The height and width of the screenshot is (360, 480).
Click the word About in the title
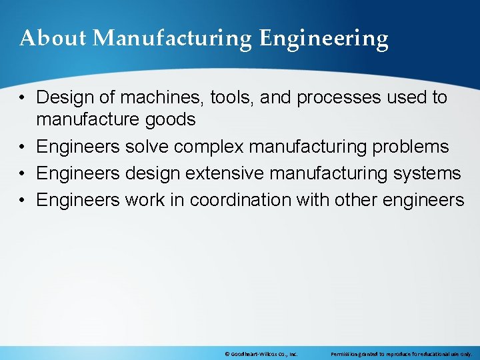53,39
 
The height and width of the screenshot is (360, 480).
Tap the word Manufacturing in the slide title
173,39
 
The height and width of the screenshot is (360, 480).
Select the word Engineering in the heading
323,39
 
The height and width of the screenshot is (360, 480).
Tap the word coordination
247,200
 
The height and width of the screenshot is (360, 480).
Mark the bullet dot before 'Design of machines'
23,98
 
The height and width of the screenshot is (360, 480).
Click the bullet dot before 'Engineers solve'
23,147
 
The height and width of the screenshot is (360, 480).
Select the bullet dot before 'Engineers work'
23,201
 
